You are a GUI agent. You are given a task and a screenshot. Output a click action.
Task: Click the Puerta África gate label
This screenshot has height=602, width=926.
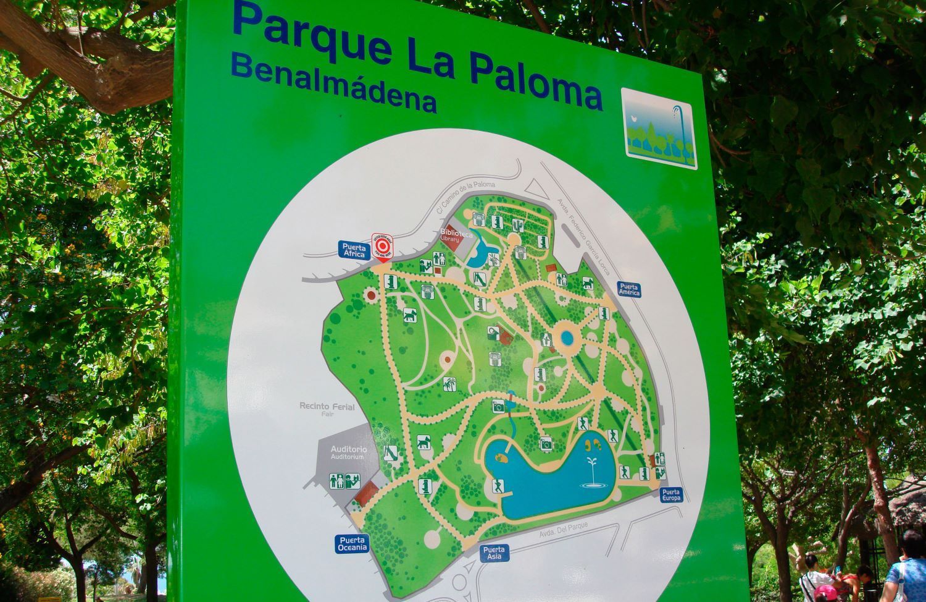(x=354, y=249)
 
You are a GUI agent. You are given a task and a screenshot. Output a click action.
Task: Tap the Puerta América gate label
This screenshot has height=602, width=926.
(x=628, y=289)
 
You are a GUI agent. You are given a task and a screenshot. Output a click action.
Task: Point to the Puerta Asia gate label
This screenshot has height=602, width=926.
(x=494, y=553)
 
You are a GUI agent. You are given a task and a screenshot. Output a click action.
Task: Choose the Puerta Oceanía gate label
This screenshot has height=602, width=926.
(x=352, y=543)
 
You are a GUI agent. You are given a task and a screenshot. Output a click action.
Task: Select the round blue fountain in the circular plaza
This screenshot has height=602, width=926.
(x=566, y=337)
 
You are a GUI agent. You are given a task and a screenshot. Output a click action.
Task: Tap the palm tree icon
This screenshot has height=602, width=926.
(x=449, y=383)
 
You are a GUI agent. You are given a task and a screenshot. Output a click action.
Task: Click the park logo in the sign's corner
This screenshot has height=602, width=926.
(x=659, y=128)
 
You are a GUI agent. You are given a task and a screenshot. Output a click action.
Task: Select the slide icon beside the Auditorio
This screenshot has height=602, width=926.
(x=390, y=452)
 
